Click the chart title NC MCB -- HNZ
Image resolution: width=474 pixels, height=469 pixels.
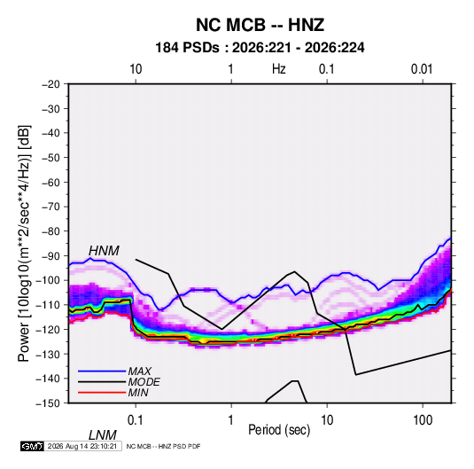click(260, 25)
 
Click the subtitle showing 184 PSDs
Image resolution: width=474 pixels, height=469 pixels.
click(260, 48)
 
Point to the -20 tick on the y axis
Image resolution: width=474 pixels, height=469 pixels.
click(51, 84)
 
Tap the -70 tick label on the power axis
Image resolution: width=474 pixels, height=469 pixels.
click(51, 207)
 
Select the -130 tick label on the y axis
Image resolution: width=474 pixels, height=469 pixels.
click(48, 354)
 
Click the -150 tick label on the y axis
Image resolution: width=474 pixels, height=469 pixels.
click(48, 403)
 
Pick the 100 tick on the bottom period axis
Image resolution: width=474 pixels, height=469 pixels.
click(423, 420)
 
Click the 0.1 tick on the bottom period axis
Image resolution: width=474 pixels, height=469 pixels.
click(136, 420)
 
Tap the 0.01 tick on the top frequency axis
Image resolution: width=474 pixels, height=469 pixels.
click(422, 69)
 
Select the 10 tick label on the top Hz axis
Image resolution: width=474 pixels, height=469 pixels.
click(136, 69)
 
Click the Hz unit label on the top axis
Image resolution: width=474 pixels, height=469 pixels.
click(279, 69)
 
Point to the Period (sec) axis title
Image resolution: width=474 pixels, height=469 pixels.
click(279, 430)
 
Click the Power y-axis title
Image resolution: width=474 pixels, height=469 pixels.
click(24, 244)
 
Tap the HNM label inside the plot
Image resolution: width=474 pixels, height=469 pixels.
click(104, 251)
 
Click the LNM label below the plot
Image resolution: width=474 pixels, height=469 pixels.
click(103, 435)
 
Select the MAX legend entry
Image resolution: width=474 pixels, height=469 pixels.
click(140, 371)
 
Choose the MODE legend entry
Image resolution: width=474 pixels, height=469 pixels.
click(144, 382)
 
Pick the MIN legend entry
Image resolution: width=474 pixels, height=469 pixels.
click(138, 393)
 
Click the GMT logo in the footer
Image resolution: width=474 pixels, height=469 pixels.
click(33, 446)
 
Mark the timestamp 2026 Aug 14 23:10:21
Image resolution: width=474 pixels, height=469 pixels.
click(82, 446)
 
